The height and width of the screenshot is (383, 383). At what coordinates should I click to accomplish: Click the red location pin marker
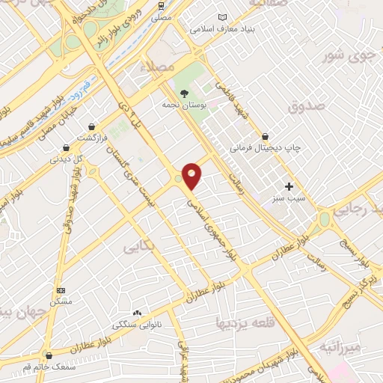191,176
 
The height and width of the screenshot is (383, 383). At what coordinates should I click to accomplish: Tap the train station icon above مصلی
162,5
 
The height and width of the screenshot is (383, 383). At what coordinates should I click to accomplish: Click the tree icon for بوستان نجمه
184,94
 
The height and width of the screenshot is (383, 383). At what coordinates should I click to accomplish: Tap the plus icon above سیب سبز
289,186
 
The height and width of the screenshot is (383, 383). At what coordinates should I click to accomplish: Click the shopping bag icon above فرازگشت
91,128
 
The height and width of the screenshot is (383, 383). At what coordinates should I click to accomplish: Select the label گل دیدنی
67,159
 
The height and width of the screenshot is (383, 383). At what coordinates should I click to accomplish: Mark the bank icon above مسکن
61,289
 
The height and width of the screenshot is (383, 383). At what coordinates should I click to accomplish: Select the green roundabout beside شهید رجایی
325,219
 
